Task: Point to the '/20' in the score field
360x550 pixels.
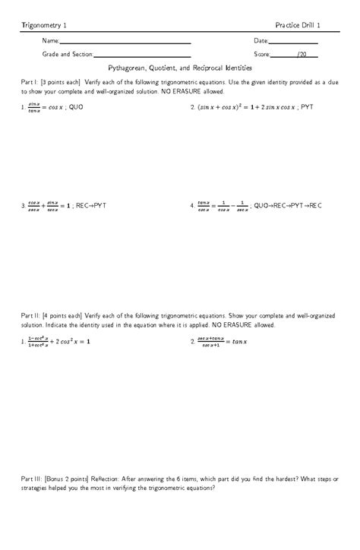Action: [302, 55]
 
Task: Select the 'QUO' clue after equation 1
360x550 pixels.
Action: [74, 108]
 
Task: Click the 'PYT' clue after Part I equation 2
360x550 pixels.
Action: [306, 108]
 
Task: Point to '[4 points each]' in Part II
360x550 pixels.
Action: [63, 315]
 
